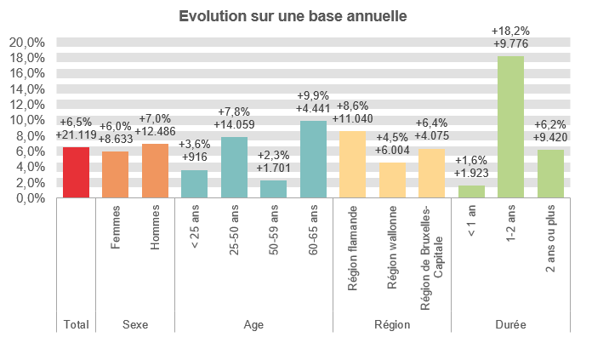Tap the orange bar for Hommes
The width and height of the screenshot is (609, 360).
coord(155,171)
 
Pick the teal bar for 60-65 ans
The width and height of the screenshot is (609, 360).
coord(313,160)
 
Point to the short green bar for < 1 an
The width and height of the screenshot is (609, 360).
coord(471,191)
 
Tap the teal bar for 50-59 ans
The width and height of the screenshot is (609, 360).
coord(273,189)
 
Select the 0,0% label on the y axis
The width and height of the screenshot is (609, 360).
coord(29,197)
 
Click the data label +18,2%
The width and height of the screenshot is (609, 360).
coord(511,31)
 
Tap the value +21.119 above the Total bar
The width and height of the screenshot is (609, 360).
coord(76,134)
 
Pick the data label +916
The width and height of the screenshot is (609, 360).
coord(194,157)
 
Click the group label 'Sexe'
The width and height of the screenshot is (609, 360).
coord(135,325)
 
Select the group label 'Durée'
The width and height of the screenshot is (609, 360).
coord(510,325)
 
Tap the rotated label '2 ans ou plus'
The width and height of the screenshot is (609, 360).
coord(550,244)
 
